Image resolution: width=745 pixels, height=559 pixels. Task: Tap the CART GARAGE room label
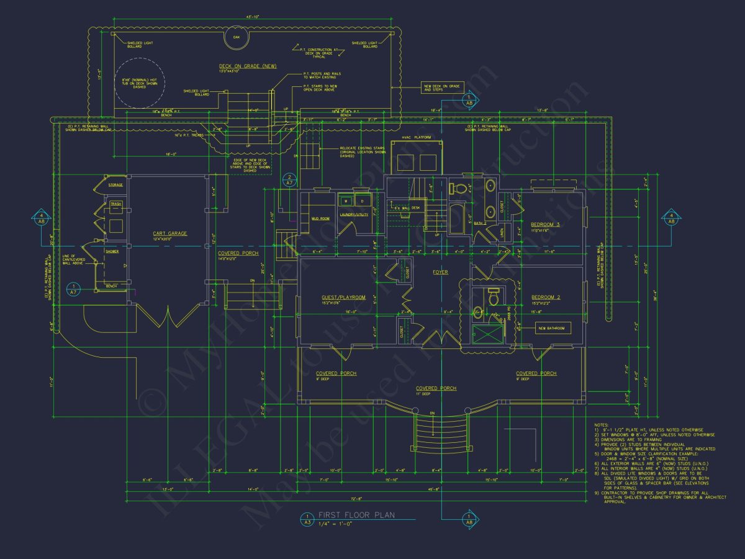click(169, 234)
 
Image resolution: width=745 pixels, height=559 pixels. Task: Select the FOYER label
click(440, 272)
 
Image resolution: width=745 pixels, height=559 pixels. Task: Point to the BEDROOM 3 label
click(545, 224)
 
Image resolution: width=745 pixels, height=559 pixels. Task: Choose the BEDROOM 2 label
click(546, 297)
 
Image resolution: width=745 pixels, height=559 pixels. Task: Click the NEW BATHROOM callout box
click(551, 328)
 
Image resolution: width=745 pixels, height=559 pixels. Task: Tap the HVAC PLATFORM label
click(417, 136)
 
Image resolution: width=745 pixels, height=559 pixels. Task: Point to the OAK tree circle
click(236, 37)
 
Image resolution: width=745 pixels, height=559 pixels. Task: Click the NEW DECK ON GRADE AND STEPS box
click(441, 88)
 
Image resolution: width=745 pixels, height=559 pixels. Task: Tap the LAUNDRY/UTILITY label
click(354, 215)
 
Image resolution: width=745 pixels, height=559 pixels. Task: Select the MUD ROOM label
click(320, 219)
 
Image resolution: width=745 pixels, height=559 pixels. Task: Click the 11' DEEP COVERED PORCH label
click(436, 388)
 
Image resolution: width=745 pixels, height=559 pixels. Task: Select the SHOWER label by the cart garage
click(112, 252)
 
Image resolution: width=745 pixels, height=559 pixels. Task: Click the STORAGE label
click(115, 185)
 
